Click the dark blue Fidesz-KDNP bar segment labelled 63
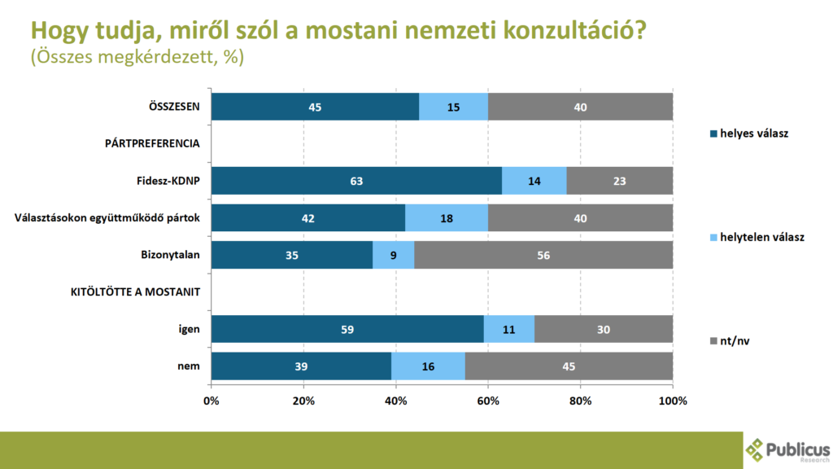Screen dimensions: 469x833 coord(356,181)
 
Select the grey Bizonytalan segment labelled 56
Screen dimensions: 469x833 coord(543,255)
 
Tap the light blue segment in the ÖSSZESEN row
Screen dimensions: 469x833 coord(453,107)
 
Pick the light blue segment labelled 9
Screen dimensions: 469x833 coord(393,255)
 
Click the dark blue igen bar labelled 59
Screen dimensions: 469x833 coord(347,329)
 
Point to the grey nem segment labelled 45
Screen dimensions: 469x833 coord(569,366)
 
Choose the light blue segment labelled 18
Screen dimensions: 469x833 coord(446,217)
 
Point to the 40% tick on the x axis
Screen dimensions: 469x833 coord(395,401)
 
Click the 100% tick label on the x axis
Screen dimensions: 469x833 coord(673,401)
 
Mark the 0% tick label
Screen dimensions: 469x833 coord(211,401)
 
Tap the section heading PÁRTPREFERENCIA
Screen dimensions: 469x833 coord(152,144)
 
